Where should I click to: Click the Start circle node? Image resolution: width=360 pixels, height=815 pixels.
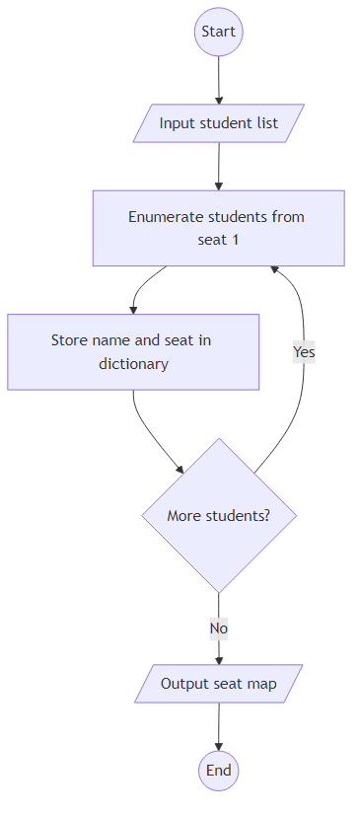(x=218, y=32)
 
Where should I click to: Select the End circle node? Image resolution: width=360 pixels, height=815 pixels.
(x=218, y=770)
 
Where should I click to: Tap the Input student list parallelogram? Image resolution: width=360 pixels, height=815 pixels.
(x=218, y=123)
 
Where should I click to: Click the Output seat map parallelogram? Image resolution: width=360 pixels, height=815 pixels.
(x=218, y=684)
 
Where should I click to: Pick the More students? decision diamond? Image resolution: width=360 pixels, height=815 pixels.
(x=218, y=515)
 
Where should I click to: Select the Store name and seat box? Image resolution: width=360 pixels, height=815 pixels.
(x=133, y=352)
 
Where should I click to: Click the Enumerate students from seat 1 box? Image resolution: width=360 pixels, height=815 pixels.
(x=218, y=228)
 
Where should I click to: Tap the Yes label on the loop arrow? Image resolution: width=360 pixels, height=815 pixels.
(x=304, y=351)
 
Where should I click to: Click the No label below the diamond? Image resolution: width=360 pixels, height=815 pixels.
(x=218, y=628)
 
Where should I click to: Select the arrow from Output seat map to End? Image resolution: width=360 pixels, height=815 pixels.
(x=218, y=726)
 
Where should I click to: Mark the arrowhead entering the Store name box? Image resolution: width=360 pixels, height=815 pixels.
(x=133, y=309)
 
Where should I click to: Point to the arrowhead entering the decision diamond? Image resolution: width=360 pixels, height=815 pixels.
(x=180, y=471)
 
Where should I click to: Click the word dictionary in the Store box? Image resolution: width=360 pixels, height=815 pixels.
(x=133, y=364)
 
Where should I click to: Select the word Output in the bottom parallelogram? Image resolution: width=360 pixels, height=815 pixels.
(x=184, y=684)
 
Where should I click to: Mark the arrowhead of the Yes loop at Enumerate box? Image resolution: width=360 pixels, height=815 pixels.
(x=275, y=270)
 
